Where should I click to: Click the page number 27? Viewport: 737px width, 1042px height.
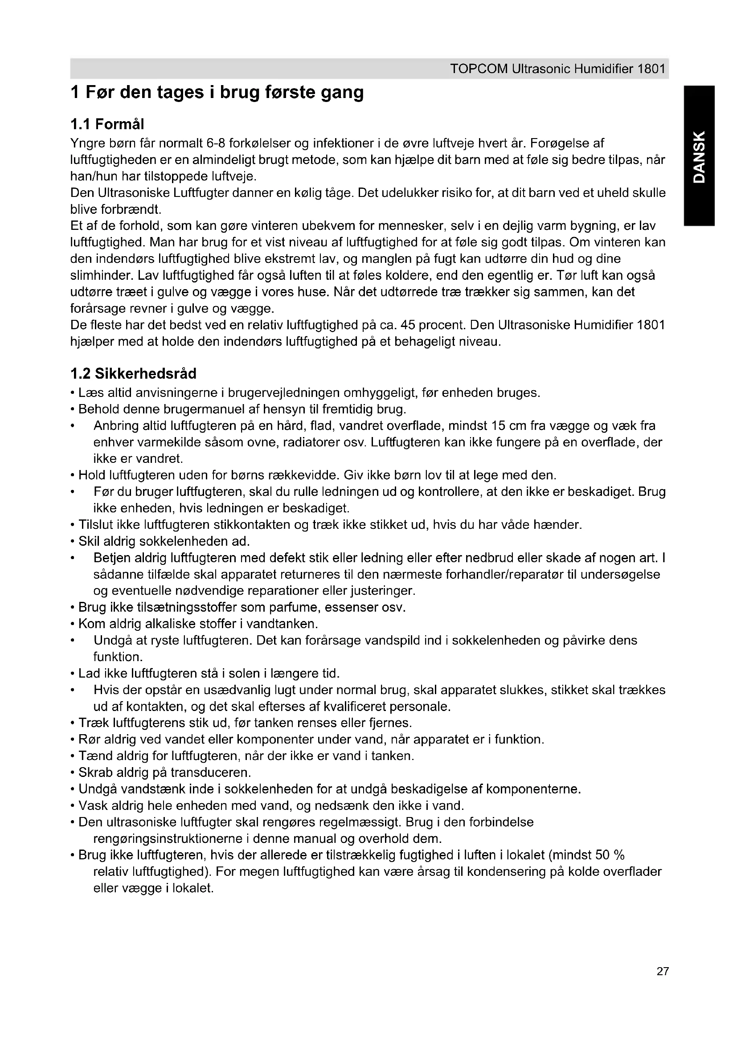tap(662, 984)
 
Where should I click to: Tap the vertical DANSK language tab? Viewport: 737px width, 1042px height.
tap(699, 156)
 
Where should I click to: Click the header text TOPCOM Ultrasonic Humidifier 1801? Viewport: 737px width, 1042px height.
tap(557, 69)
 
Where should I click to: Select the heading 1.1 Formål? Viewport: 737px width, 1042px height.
tap(107, 124)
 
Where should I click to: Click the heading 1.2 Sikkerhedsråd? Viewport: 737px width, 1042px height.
tap(133, 373)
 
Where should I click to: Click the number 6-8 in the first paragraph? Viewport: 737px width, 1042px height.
tap(216, 144)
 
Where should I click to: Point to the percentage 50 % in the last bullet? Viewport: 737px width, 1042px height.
tap(610, 855)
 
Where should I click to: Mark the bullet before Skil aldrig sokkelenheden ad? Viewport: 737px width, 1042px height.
tap(73, 541)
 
